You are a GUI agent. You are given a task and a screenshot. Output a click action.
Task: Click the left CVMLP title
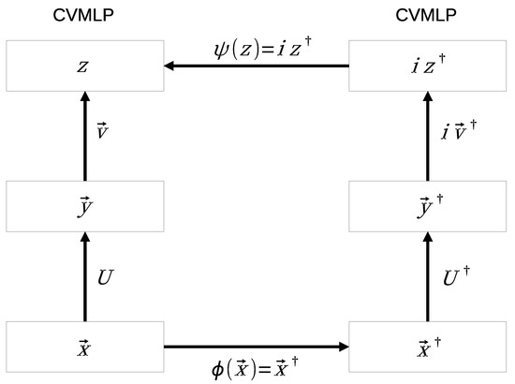pyautogui.click(x=83, y=15)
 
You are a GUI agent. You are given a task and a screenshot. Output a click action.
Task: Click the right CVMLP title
pyautogui.click(x=426, y=15)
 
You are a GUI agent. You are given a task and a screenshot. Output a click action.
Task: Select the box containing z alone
pyautogui.click(x=85, y=66)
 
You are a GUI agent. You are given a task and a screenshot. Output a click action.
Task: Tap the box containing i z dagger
pyautogui.click(x=428, y=66)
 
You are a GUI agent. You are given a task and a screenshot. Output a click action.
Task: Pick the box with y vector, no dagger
pyautogui.click(x=85, y=206)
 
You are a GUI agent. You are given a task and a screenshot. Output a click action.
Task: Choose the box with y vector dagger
pyautogui.click(x=428, y=206)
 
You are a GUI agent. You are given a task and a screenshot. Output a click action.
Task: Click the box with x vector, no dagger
pyautogui.click(x=85, y=347)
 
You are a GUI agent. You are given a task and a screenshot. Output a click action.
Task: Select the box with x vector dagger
pyautogui.click(x=428, y=347)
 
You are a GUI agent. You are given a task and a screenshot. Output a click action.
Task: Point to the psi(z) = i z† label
pyautogui.click(x=262, y=49)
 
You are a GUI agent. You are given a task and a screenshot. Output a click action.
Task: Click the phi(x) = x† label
pyautogui.click(x=255, y=368)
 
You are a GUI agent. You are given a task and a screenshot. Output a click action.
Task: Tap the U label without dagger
pyautogui.click(x=106, y=277)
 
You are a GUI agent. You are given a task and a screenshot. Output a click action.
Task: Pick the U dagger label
pyautogui.click(x=457, y=276)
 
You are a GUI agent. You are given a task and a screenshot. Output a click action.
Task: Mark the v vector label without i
pyautogui.click(x=103, y=130)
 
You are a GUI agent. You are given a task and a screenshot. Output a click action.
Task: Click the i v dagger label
pyautogui.click(x=459, y=130)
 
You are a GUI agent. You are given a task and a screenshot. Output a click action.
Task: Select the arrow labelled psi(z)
pyautogui.click(x=257, y=66)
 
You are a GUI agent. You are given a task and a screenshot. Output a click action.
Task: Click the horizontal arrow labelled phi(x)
pyautogui.click(x=257, y=347)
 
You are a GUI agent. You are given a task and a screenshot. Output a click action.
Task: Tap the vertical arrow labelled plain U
pyautogui.click(x=85, y=276)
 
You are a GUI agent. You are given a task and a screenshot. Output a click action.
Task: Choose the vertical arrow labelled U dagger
pyautogui.click(x=428, y=276)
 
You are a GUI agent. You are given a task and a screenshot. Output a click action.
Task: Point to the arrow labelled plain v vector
pyautogui.click(x=85, y=136)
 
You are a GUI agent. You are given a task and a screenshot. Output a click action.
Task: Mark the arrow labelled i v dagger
pyautogui.click(x=428, y=136)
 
